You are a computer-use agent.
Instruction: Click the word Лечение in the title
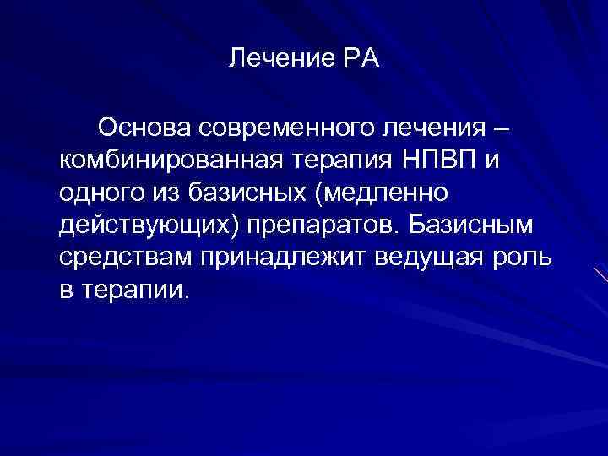pyautogui.click(x=272, y=60)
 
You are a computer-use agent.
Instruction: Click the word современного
pyautogui.click(x=274, y=129)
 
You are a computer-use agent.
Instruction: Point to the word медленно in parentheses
pyautogui.click(x=385, y=193)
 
